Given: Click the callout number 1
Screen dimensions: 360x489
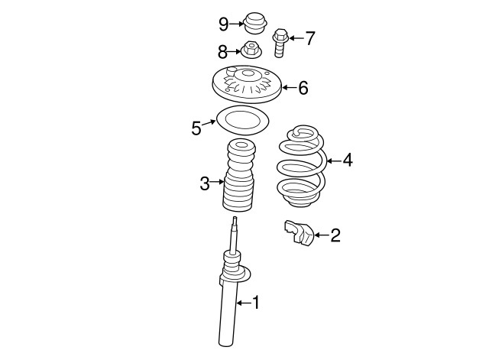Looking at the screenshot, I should coord(257,303).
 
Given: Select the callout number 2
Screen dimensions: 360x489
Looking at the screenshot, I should coord(335,235).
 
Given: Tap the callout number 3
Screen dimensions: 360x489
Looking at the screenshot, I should coord(204,183).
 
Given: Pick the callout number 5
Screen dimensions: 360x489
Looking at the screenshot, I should coord(196,127).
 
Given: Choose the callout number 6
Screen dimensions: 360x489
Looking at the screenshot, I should coord(303,88).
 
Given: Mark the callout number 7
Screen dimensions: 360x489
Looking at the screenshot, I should coord(309,38).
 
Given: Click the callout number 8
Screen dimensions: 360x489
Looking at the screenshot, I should coord(223,52).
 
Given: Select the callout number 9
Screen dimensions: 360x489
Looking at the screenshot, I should coord(223,24).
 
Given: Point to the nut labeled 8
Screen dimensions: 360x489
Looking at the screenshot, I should coord(251,51).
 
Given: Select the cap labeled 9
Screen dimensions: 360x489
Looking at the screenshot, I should coord(256,23).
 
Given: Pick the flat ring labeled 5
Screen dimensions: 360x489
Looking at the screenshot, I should coord(241,121).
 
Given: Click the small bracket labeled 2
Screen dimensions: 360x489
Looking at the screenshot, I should coord(299,234).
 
